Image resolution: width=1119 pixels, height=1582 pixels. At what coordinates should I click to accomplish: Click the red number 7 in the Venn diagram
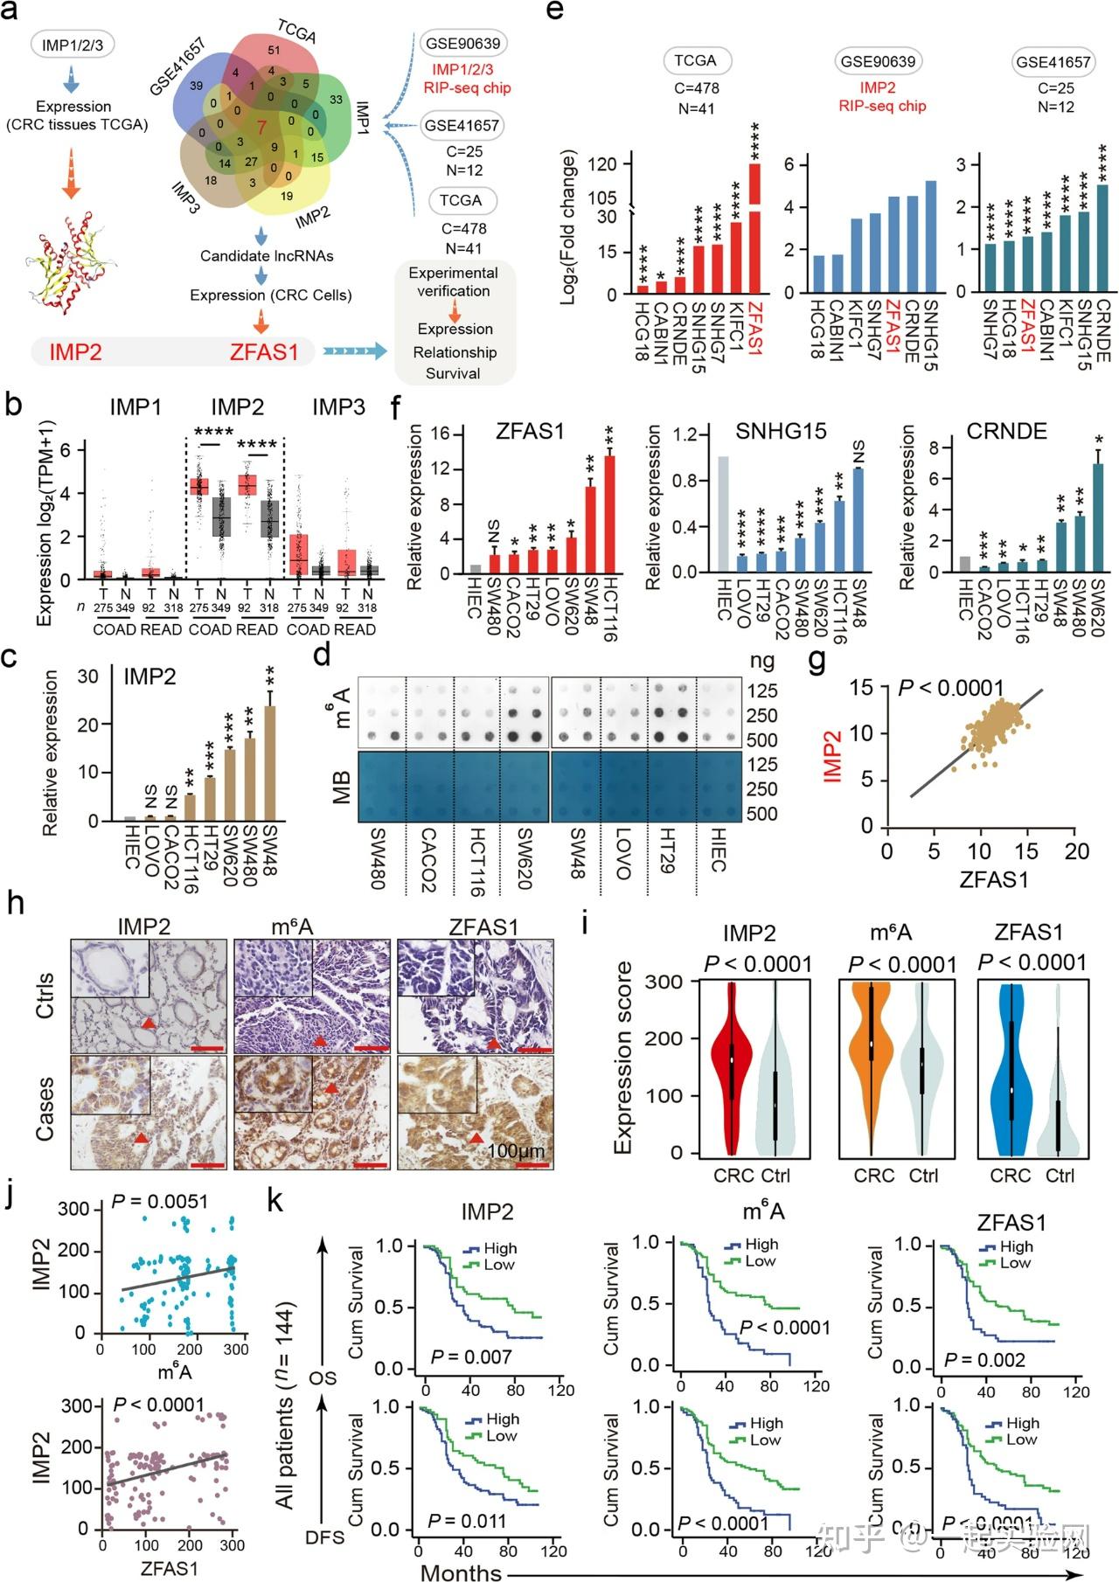point(261,127)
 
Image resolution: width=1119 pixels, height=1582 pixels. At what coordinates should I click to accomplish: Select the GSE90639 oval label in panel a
point(463,43)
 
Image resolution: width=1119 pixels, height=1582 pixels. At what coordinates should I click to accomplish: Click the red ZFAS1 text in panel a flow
point(264,352)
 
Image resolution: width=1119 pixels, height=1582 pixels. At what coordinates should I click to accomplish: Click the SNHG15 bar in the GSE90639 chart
point(930,236)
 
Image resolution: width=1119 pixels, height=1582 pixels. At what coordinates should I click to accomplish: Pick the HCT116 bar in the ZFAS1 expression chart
point(609,515)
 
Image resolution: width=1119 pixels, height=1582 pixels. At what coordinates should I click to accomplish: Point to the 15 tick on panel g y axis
point(861,688)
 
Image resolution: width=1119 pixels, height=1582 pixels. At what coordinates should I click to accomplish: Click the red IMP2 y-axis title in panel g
point(832,756)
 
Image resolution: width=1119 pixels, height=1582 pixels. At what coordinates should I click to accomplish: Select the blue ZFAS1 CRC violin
point(1011,1075)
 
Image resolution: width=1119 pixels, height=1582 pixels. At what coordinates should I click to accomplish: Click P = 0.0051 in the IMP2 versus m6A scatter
point(159,1201)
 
